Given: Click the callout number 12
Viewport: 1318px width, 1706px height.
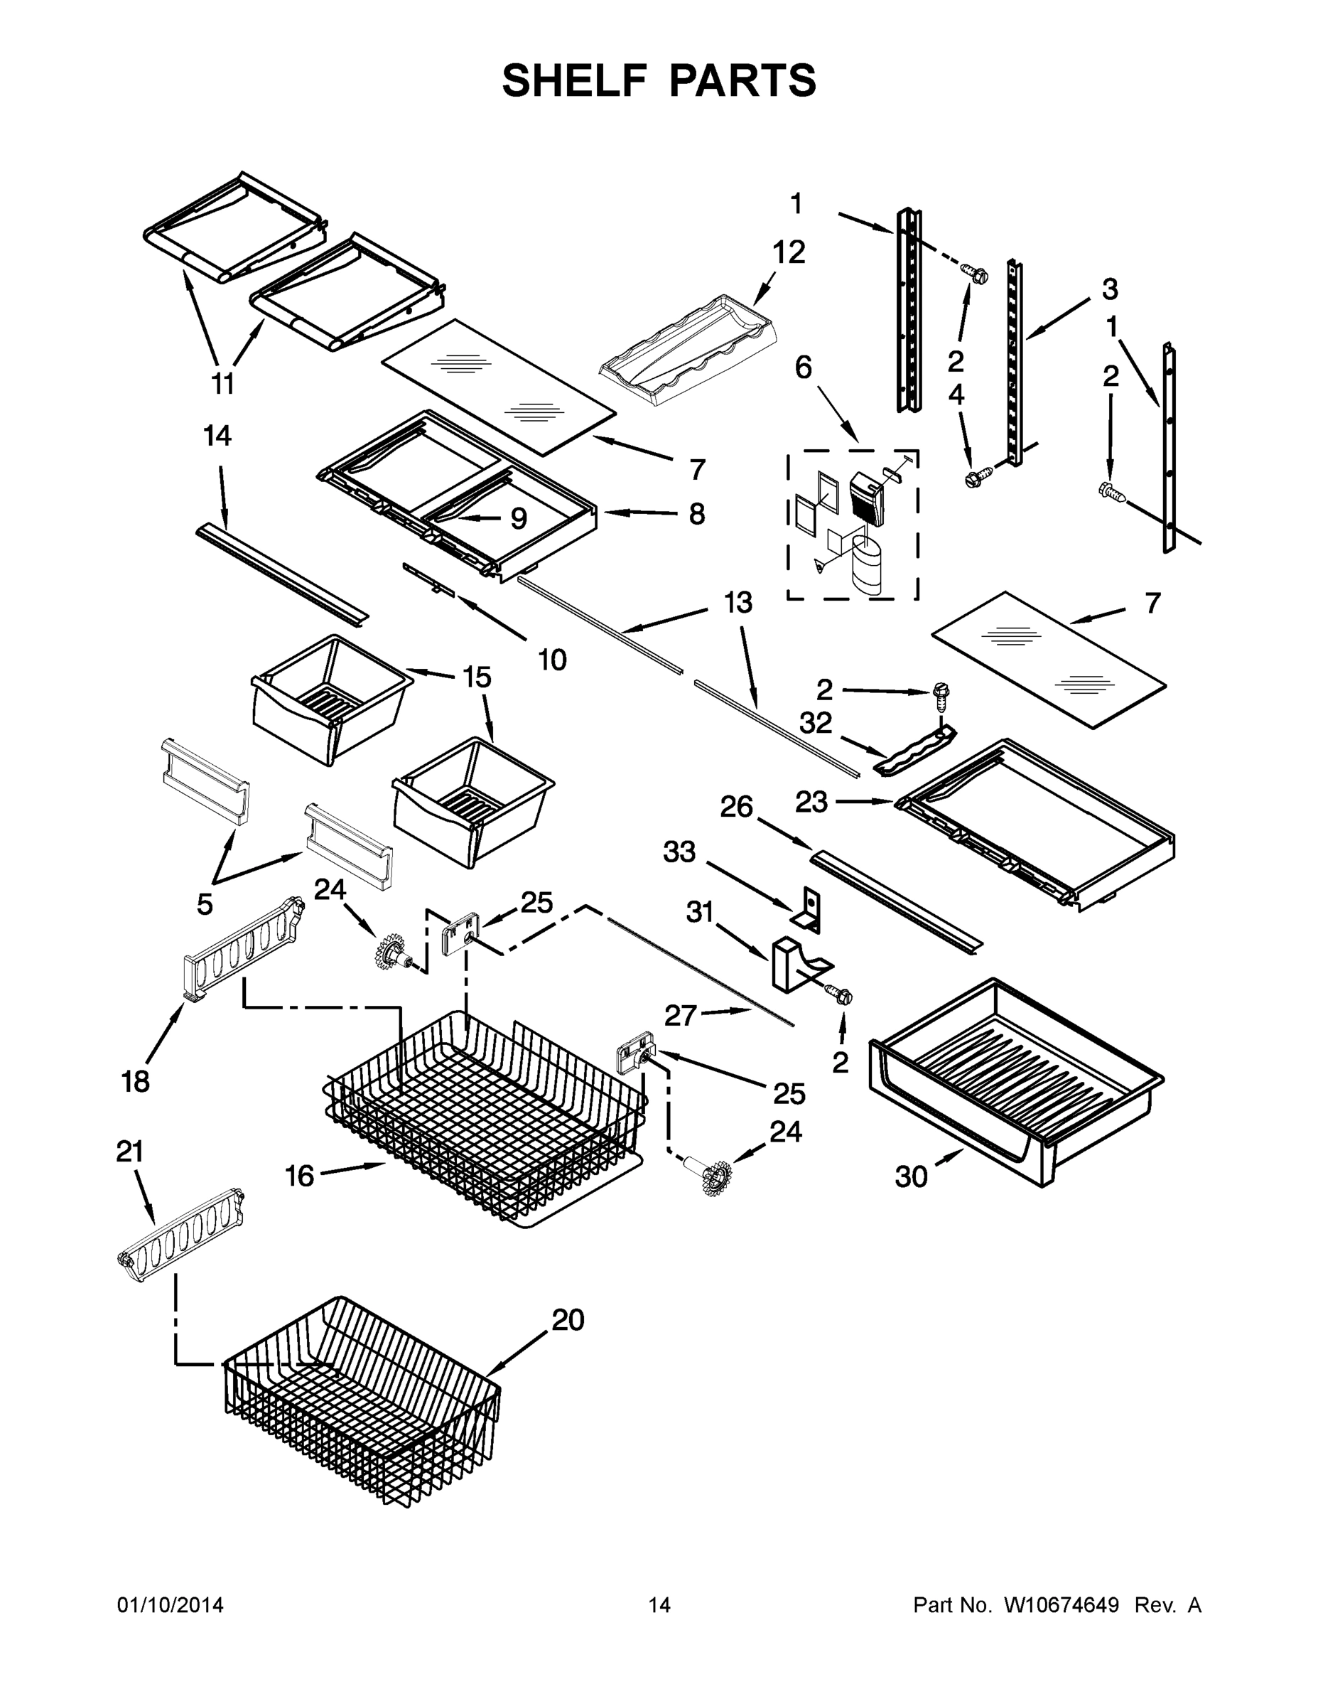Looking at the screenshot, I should tap(789, 252).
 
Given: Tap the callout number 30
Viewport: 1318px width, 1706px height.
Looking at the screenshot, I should tap(910, 1176).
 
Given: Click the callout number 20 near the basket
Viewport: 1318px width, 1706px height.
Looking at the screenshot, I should tap(568, 1319).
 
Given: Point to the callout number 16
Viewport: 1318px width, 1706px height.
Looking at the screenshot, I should tap(299, 1175).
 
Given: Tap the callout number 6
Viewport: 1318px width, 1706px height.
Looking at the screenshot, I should tap(803, 367).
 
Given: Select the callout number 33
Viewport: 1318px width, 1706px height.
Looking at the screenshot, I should tap(679, 852).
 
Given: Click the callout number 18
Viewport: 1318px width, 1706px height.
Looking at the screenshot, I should tap(135, 1081).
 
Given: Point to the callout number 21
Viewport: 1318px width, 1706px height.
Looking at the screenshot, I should tap(131, 1152).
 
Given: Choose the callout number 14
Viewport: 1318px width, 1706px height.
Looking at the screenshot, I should tap(217, 436).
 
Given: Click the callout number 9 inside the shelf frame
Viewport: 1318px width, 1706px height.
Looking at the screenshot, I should tap(518, 518).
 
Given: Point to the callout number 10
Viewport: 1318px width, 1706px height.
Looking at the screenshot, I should tap(552, 660).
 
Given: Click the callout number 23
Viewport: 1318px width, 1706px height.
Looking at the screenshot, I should tap(811, 801).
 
